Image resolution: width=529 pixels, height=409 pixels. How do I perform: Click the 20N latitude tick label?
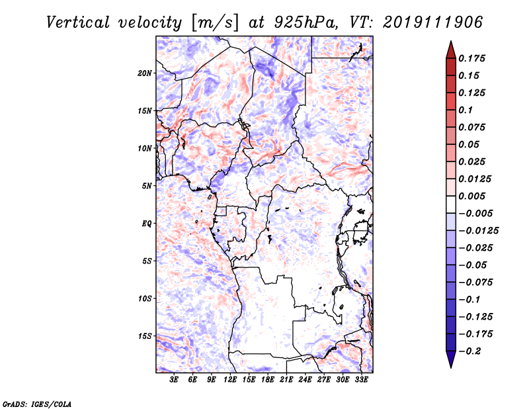click(x=145, y=73)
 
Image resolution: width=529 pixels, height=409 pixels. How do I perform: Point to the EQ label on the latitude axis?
click(x=147, y=224)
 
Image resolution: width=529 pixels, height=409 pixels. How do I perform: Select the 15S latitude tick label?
click(x=145, y=336)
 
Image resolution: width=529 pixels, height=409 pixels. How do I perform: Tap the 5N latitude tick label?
click(x=147, y=186)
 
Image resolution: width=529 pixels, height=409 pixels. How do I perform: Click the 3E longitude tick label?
click(x=174, y=380)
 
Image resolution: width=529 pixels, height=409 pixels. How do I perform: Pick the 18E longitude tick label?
click(x=268, y=380)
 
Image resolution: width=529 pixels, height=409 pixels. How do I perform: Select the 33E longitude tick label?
click(x=361, y=380)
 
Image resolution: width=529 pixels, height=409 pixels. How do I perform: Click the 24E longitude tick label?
click(x=305, y=380)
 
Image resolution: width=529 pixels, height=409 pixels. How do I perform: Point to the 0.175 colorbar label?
click(x=472, y=58)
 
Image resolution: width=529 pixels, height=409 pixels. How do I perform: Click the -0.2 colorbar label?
click(x=469, y=351)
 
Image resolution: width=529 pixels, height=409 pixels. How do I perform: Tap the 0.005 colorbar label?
click(x=472, y=196)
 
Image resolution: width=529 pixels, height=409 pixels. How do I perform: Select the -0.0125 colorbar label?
click(x=479, y=231)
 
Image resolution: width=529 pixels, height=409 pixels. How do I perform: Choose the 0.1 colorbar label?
click(x=466, y=110)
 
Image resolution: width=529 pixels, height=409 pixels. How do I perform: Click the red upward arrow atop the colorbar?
click(x=451, y=50)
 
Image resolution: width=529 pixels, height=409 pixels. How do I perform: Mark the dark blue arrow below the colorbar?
click(x=451, y=359)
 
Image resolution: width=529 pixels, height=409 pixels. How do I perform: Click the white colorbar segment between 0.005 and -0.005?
click(x=451, y=204)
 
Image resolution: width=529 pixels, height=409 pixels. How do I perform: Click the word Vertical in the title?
click(x=78, y=23)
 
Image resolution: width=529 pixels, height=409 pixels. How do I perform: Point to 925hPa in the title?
click(x=305, y=23)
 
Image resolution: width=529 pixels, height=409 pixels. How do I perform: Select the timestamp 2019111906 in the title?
click(x=432, y=23)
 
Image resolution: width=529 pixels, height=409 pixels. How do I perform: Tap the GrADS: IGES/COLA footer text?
click(x=37, y=404)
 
